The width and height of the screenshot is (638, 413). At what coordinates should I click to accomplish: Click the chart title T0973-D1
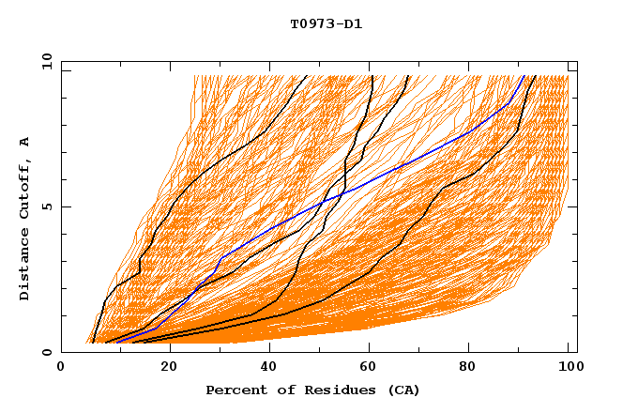coord(326,23)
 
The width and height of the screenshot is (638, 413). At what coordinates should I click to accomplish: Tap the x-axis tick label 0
coord(61,369)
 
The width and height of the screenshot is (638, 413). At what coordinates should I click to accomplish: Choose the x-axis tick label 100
coord(568,369)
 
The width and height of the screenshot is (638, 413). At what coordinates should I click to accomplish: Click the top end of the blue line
coord(524,76)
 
